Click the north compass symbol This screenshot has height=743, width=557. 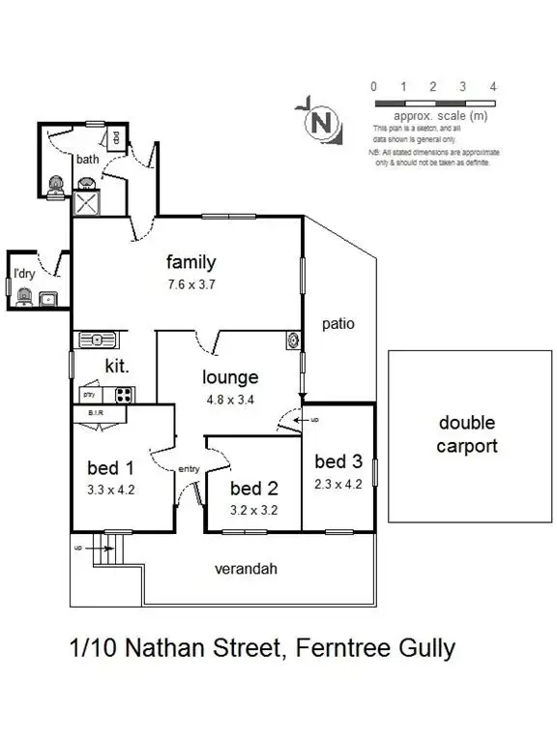pyautogui.click(x=324, y=123)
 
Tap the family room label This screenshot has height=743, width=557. pyautogui.click(x=191, y=262)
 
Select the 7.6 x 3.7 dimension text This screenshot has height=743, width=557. pyautogui.click(x=191, y=284)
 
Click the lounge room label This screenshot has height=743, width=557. pyautogui.click(x=230, y=377)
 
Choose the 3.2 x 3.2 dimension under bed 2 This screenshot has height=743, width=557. pyautogui.click(x=253, y=509)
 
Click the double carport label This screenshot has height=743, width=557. pyautogui.click(x=466, y=434)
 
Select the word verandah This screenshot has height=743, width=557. pyautogui.click(x=246, y=569)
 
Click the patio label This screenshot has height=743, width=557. pyautogui.click(x=338, y=325)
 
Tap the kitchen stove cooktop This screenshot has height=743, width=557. pyautogui.click(x=124, y=394)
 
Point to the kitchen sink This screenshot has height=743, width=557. pyautogui.click(x=97, y=339)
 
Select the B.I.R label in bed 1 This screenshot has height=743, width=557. pyautogui.click(x=96, y=412)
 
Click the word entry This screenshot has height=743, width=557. pyautogui.click(x=188, y=469)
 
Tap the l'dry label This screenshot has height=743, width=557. pyautogui.click(x=23, y=274)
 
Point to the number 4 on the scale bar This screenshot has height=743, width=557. pyautogui.click(x=493, y=87)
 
